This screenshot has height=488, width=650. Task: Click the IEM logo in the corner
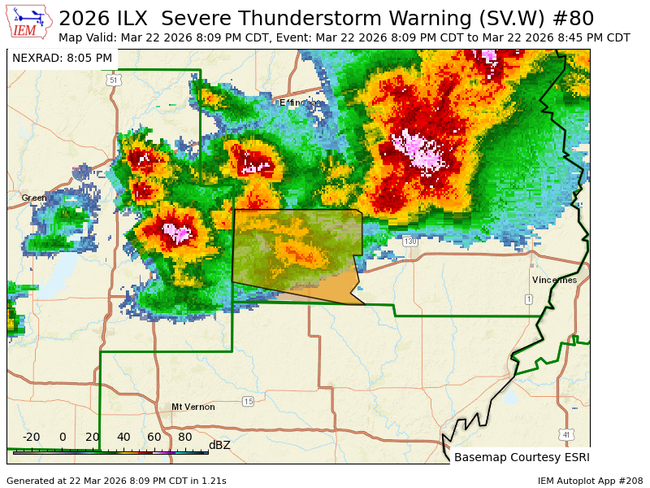29,23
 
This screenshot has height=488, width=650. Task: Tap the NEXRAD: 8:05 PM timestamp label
63,58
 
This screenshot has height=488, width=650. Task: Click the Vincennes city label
554,280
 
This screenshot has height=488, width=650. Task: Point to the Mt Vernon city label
193,407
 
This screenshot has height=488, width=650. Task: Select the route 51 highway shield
114,80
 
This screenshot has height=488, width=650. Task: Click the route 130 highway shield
410,242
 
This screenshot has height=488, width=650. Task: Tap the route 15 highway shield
248,402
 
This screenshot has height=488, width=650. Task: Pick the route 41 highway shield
565,435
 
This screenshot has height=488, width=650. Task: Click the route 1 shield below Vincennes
529,299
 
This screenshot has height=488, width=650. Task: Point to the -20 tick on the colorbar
31,438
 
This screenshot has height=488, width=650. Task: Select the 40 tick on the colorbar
123,438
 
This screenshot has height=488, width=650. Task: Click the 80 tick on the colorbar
185,438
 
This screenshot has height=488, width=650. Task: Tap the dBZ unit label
219,445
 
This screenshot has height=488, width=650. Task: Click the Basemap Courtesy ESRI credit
522,457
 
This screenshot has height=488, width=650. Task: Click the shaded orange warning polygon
297,256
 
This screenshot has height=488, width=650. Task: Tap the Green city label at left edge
34,198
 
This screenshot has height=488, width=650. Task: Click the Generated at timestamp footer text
116,481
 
